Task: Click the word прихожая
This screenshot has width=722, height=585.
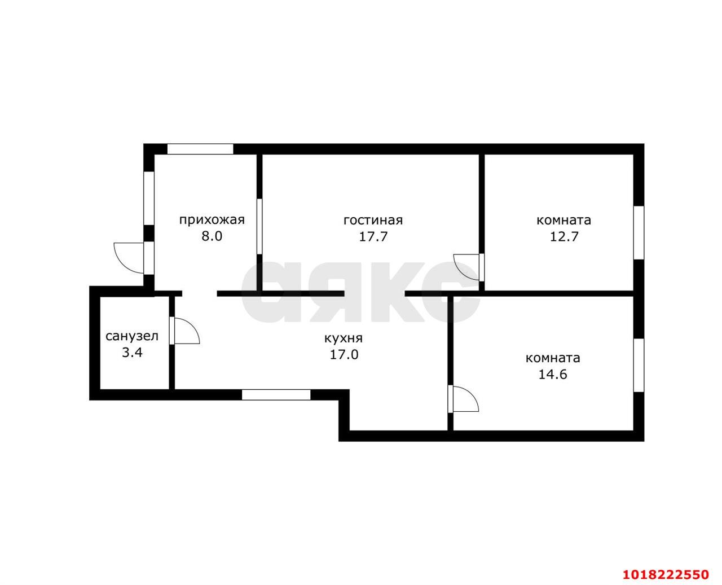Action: click(212, 221)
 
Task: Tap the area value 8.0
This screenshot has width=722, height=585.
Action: click(212, 236)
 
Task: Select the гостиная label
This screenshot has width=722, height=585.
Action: click(373, 221)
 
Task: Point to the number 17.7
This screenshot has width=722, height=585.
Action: click(373, 236)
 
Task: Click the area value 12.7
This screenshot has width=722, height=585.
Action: click(563, 236)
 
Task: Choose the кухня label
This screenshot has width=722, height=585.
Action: click(344, 338)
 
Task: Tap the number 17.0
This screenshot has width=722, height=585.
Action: click(344, 354)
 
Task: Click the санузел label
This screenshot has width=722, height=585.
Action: click(132, 337)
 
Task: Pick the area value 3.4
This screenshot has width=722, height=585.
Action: click(132, 353)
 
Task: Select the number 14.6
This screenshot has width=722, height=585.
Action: click(553, 375)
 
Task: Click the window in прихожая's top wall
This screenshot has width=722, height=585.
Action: click(200, 149)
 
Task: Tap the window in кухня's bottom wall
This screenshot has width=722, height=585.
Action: click(276, 395)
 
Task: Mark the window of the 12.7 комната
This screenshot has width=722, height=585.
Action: click(639, 233)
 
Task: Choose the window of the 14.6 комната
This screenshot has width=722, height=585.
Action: click(639, 366)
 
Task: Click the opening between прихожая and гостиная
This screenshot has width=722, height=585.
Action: click(259, 226)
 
